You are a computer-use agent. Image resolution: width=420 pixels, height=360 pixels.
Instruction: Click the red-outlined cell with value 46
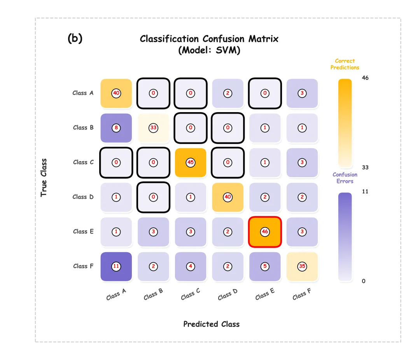[265, 232]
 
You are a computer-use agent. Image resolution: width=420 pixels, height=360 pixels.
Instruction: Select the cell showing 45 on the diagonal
[190, 162]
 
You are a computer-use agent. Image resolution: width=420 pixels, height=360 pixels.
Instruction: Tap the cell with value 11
[116, 266]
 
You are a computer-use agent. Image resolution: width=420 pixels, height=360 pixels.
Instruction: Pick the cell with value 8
[116, 128]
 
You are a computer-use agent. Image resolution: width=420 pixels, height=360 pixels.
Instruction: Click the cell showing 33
[153, 128]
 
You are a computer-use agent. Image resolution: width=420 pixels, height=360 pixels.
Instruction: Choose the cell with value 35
[302, 266]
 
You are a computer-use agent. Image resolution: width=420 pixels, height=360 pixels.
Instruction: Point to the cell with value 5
[265, 266]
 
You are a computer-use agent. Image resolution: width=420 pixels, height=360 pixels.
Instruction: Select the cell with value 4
[190, 266]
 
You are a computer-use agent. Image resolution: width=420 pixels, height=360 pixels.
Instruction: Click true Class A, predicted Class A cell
[116, 93]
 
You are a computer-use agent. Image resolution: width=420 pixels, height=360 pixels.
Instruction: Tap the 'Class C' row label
[83, 162]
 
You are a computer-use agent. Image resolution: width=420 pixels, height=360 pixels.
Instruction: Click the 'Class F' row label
[83, 266]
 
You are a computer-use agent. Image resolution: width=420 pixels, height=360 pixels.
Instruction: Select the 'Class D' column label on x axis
[227, 295]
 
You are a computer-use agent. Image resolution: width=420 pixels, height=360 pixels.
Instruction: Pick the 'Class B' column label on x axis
[153, 295]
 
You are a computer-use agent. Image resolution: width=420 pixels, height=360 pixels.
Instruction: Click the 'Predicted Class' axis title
[211, 324]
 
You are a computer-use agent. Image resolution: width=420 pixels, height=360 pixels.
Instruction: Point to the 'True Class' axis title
[44, 177]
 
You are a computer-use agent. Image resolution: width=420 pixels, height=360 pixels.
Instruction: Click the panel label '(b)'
[75, 39]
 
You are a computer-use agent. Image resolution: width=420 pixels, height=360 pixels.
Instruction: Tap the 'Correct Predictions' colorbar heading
[345, 64]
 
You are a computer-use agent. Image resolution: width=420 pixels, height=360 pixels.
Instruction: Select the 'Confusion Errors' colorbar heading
[345, 178]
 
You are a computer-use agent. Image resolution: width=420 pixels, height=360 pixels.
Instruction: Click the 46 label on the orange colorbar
[365, 78]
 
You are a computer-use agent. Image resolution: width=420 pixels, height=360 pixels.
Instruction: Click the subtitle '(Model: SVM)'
[209, 50]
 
